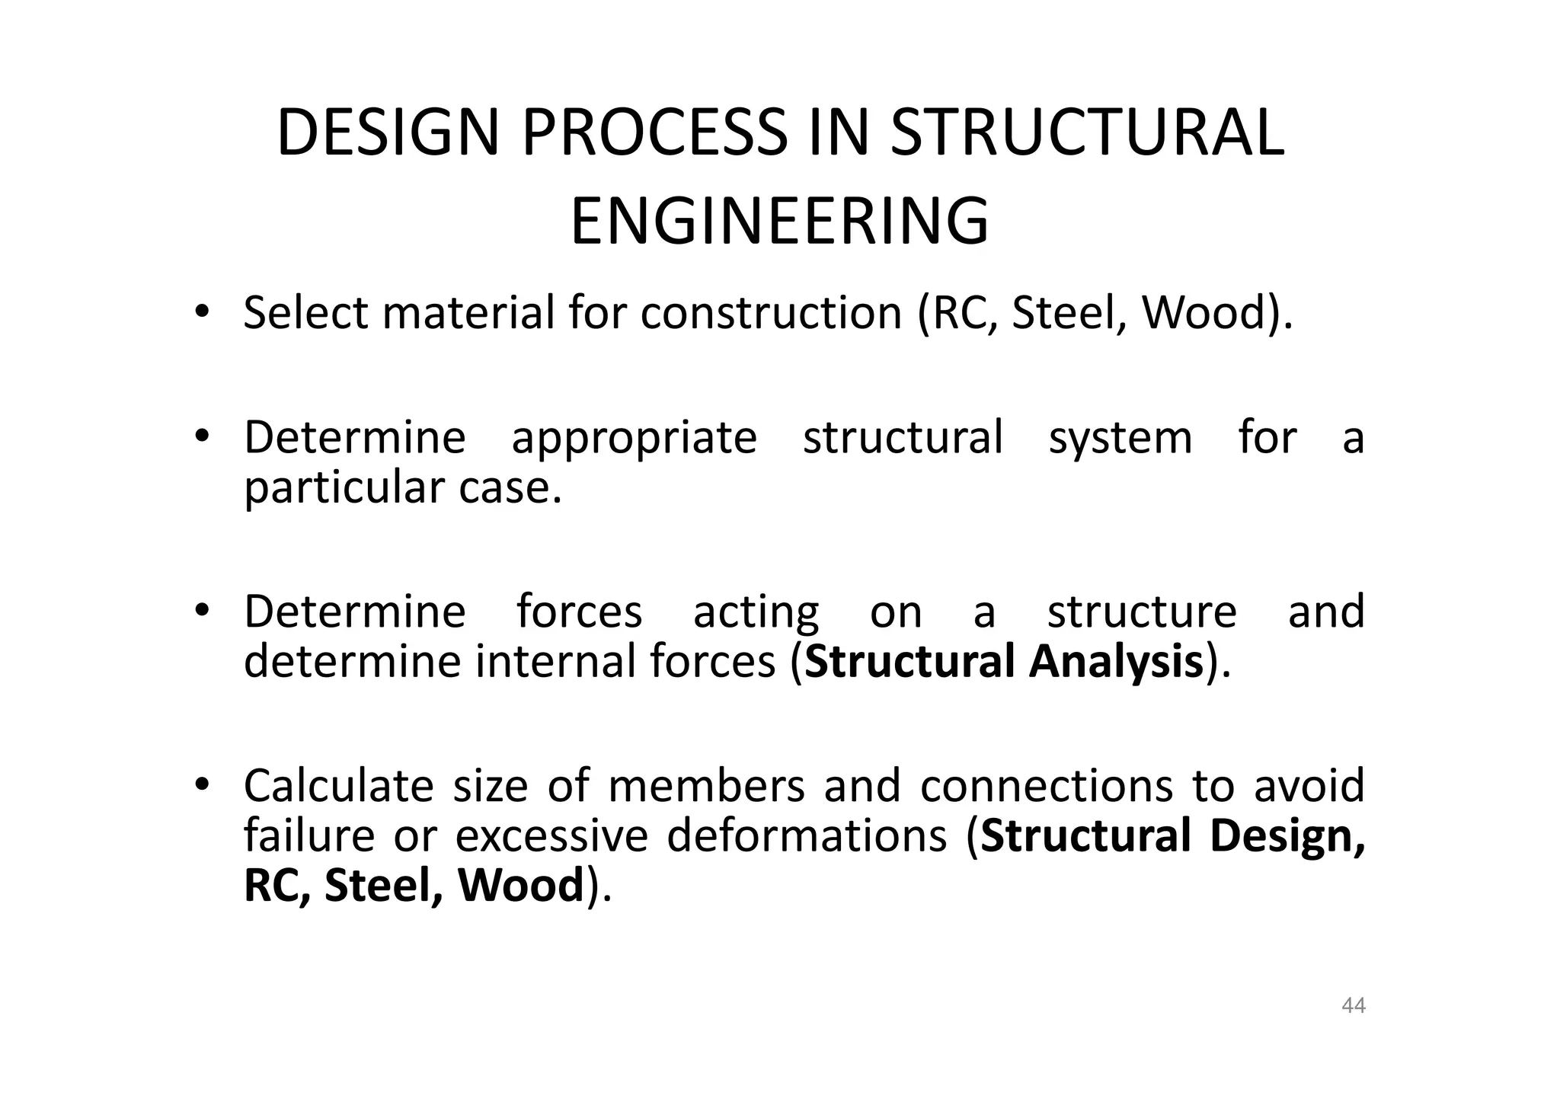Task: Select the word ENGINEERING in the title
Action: (779, 222)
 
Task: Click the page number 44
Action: (1353, 1006)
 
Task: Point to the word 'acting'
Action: (756, 613)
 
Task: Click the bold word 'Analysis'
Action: (1116, 661)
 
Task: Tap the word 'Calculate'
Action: (338, 786)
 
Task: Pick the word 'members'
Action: (706, 786)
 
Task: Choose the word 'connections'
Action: (1047, 786)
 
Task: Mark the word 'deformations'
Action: (807, 836)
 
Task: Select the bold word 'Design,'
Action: (1287, 836)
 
